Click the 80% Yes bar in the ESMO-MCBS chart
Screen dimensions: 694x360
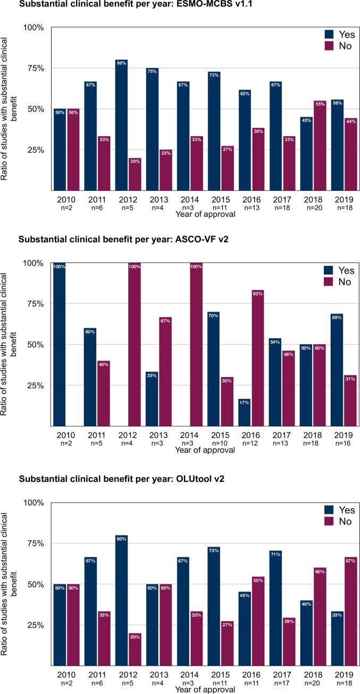coord(121,124)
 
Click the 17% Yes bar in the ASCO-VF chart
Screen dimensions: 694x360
coord(244,412)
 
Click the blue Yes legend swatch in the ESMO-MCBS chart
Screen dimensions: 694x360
coord(331,35)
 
